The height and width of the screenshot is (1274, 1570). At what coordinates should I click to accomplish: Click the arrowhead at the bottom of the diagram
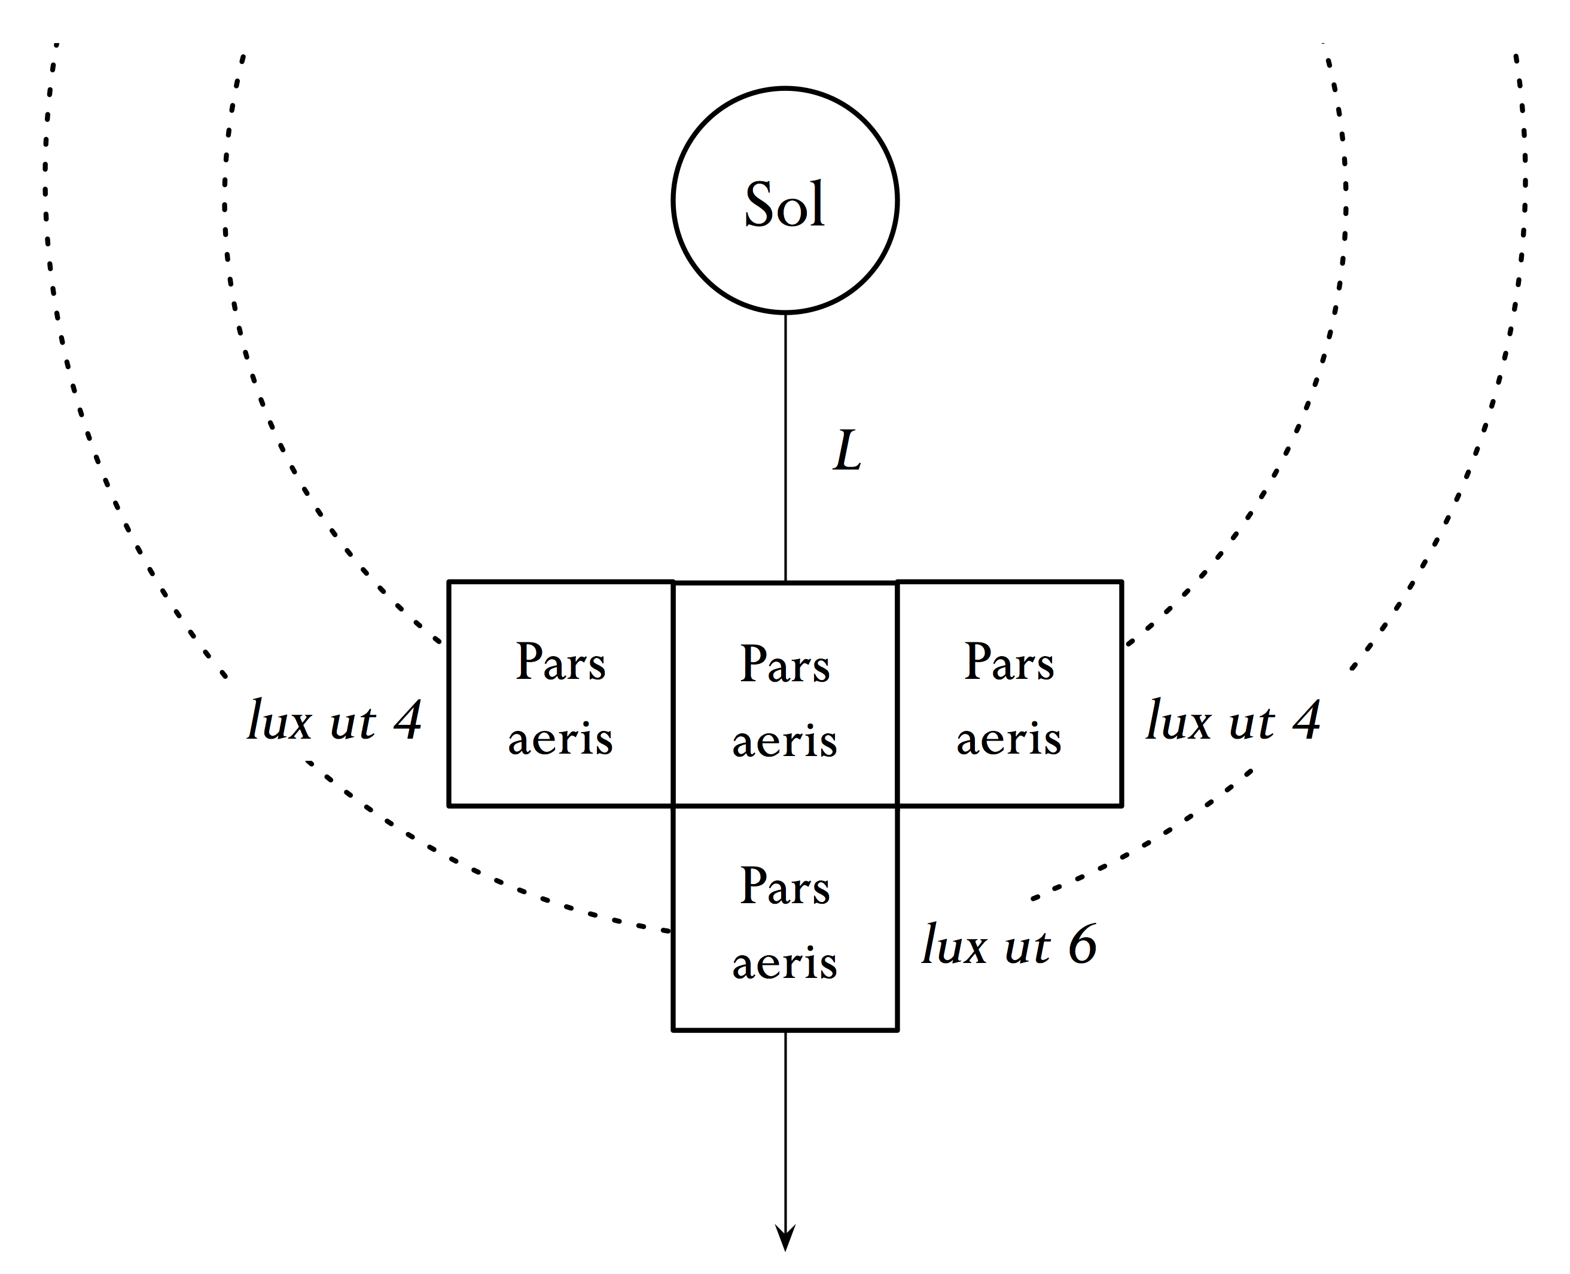(x=785, y=1236)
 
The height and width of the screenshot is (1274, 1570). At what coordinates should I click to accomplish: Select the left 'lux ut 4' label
(x=334, y=721)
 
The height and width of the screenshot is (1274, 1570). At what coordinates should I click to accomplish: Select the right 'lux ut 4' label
(x=1233, y=721)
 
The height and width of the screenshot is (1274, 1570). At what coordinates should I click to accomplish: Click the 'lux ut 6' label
(x=1010, y=944)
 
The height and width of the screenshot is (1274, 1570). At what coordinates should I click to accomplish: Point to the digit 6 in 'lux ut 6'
(x=1082, y=944)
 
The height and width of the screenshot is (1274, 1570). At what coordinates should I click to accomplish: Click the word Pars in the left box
(x=560, y=662)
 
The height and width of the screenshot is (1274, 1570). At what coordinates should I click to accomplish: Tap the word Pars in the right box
(x=1009, y=662)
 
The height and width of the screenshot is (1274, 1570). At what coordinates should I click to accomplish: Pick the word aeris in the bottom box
(x=785, y=963)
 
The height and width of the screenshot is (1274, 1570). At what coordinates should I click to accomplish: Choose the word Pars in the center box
(x=785, y=665)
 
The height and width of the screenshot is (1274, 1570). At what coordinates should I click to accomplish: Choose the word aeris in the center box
(x=785, y=741)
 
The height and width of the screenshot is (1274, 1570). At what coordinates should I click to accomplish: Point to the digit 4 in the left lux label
(x=408, y=721)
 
